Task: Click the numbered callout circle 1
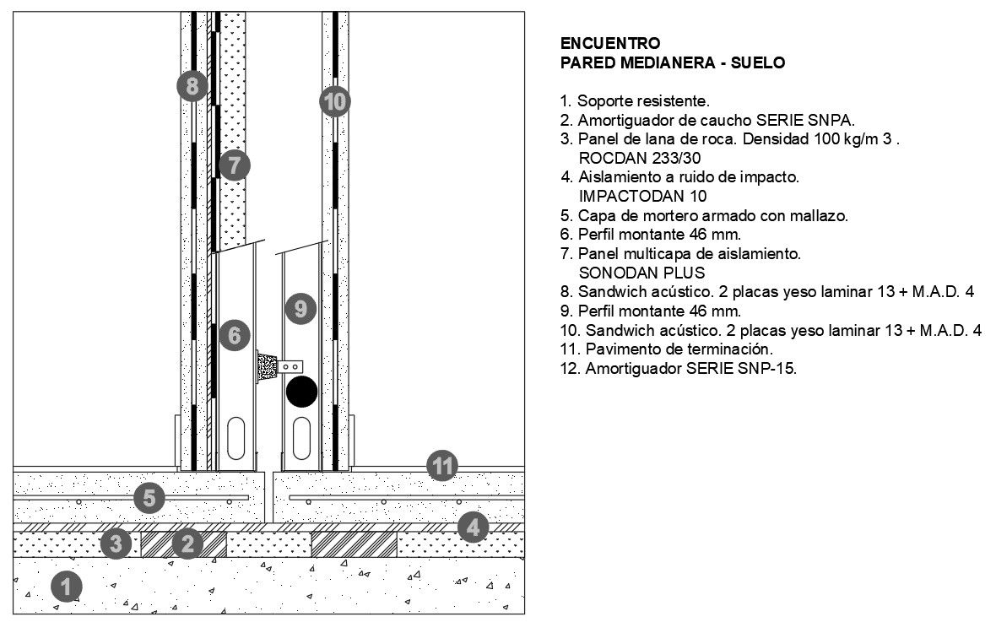pyautogui.click(x=68, y=584)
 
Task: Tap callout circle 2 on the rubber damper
pyautogui.click(x=188, y=544)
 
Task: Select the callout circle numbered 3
pyautogui.click(x=116, y=544)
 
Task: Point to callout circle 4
pyautogui.click(x=473, y=527)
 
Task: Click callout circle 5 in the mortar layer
pyautogui.click(x=149, y=497)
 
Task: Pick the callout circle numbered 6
pyautogui.click(x=234, y=336)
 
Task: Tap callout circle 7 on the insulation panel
pyautogui.click(x=234, y=165)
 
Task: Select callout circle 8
pyautogui.click(x=192, y=85)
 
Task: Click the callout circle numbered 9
pyautogui.click(x=300, y=308)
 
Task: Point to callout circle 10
pyautogui.click(x=335, y=102)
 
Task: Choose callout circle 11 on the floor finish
pyautogui.click(x=441, y=465)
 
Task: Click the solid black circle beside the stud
pyautogui.click(x=301, y=392)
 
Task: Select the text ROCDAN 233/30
pyautogui.click(x=640, y=158)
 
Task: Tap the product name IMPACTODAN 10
pyautogui.click(x=642, y=196)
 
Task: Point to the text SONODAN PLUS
pyautogui.click(x=641, y=273)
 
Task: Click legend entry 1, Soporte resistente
pyautogui.click(x=635, y=101)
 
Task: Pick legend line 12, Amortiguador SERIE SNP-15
pyautogui.click(x=679, y=368)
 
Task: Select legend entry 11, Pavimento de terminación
pyautogui.click(x=667, y=349)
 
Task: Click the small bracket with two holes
pyautogui.click(x=291, y=366)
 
